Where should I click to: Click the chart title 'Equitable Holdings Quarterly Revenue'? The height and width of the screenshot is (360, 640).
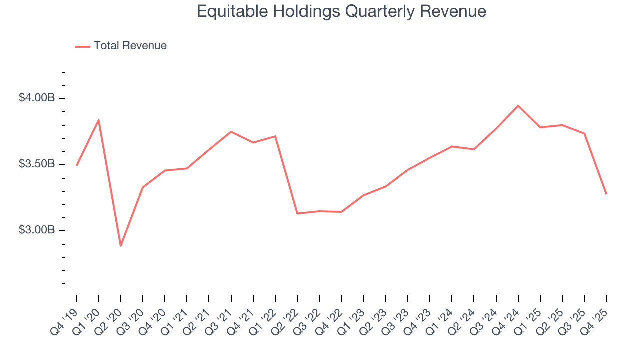pyautogui.click(x=341, y=11)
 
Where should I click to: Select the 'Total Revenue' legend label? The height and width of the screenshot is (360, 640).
pyautogui.click(x=130, y=46)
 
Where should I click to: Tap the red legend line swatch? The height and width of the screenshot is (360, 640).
pyautogui.click(x=82, y=46)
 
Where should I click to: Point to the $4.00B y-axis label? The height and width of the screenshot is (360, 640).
pyautogui.click(x=37, y=98)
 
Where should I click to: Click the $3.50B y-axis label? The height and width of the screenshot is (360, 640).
pyautogui.click(x=37, y=164)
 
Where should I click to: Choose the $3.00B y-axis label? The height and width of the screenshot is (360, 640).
pyautogui.click(x=37, y=230)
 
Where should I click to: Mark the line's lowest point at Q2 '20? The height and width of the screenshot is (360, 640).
pyautogui.click(x=121, y=246)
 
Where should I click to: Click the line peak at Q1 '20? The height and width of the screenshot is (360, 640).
pyautogui.click(x=99, y=120)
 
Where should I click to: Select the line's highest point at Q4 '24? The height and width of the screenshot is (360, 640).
pyautogui.click(x=518, y=106)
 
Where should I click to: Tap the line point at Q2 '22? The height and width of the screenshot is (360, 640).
pyautogui.click(x=297, y=213)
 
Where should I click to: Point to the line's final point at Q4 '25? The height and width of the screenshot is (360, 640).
pyautogui.click(x=606, y=194)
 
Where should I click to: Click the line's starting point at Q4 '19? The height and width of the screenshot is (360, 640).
pyautogui.click(x=77, y=165)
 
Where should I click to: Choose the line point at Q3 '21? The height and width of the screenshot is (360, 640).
pyautogui.click(x=231, y=132)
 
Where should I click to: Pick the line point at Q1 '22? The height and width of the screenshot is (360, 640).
pyautogui.click(x=275, y=136)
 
